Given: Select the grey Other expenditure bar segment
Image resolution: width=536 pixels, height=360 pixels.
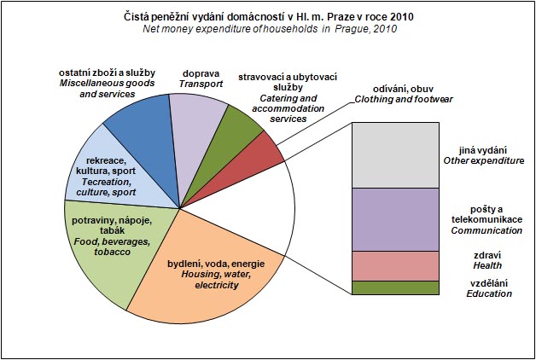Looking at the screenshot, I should (394, 155).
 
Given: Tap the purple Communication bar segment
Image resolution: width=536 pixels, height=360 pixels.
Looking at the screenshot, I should (394, 219).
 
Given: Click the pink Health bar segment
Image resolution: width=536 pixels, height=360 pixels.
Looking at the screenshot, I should (394, 265).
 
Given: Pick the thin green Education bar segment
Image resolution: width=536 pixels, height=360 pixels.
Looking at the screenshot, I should (394, 287).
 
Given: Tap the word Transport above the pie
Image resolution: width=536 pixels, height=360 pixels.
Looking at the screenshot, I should (201, 84).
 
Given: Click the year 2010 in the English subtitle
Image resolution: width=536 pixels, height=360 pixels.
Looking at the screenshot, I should (385, 29).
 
